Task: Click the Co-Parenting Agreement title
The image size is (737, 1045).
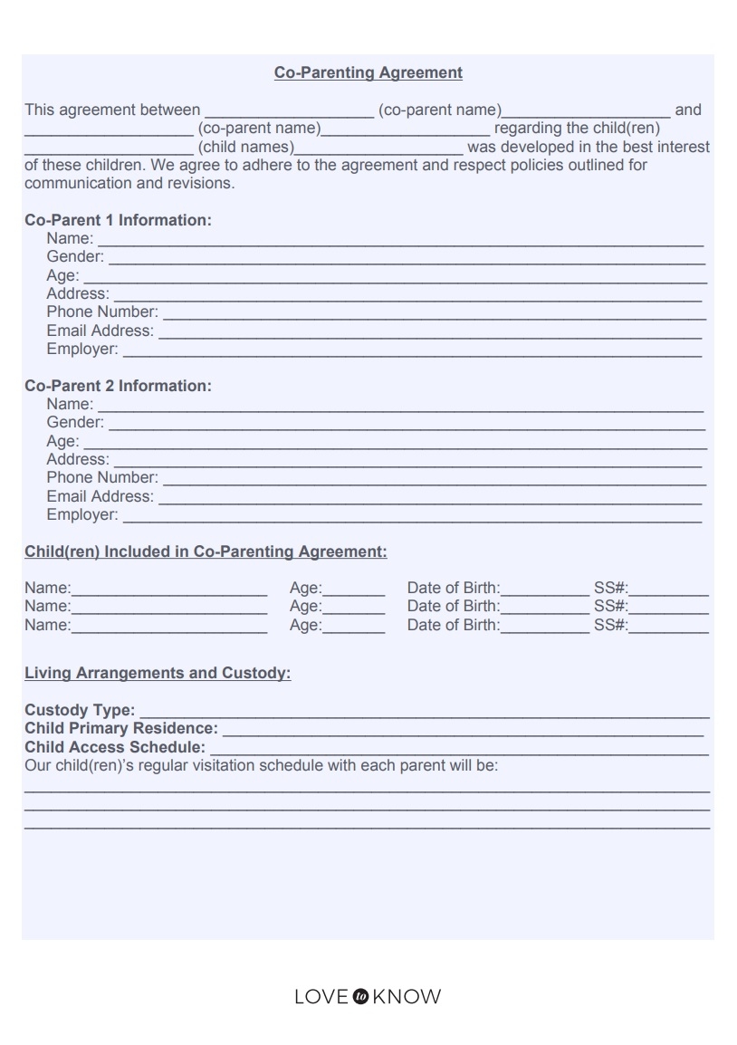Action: pyautogui.click(x=368, y=72)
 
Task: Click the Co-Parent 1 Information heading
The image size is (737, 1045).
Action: pyautogui.click(x=118, y=220)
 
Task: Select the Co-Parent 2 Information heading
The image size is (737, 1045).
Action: pyautogui.click(x=118, y=386)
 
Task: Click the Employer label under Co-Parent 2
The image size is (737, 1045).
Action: pyautogui.click(x=82, y=515)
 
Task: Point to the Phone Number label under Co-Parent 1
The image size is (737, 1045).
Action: pyautogui.click(x=102, y=312)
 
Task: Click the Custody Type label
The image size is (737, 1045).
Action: pyautogui.click(x=80, y=710)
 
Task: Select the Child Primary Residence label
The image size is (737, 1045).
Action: pyautogui.click(x=121, y=728)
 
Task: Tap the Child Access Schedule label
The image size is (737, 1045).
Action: pyautogui.click(x=115, y=747)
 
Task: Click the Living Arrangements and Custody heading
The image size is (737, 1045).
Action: pyautogui.click(x=158, y=673)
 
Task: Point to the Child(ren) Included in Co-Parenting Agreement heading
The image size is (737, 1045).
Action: pyautogui.click(x=206, y=551)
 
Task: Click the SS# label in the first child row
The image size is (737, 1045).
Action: pyautogui.click(x=611, y=588)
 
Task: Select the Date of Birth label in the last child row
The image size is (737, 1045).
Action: pyautogui.click(x=453, y=625)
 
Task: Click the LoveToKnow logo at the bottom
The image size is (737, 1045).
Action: pyautogui.click(x=368, y=997)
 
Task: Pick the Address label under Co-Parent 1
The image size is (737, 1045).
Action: pyautogui.click(x=78, y=293)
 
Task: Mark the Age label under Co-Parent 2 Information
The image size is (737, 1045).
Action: pyautogui.click(x=62, y=441)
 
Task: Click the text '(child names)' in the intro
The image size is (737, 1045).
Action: pyautogui.click(x=245, y=147)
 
